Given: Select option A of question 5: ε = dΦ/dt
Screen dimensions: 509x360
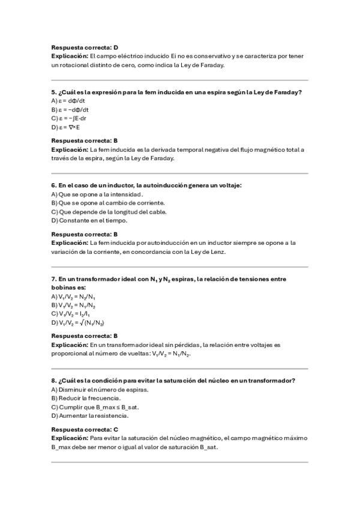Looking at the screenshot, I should (70, 101).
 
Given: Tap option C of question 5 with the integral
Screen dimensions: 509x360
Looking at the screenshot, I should (70, 119).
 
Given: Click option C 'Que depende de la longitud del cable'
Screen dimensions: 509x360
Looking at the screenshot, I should (100, 212).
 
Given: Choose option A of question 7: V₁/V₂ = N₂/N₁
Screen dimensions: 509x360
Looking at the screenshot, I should (74, 297).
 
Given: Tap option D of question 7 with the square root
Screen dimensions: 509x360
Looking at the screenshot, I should (74, 323).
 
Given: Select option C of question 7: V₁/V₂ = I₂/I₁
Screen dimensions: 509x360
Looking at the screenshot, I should (71, 314).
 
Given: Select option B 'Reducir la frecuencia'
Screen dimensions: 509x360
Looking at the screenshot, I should (86, 398).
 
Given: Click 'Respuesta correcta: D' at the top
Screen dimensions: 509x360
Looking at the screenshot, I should (85, 47).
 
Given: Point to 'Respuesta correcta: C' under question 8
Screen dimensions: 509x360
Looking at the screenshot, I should (85, 430).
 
